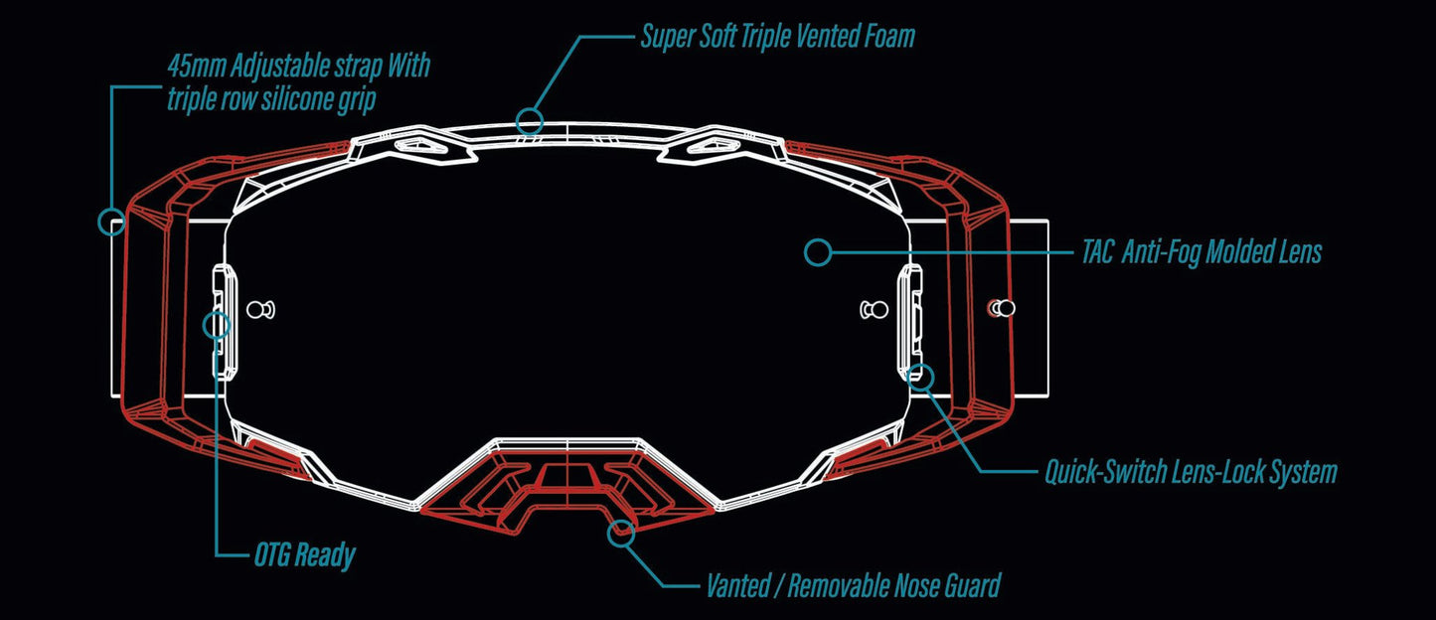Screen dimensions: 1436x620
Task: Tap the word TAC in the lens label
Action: (x=1097, y=252)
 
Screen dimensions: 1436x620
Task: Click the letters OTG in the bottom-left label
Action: (x=272, y=554)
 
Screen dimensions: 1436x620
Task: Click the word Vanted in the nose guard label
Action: (x=738, y=586)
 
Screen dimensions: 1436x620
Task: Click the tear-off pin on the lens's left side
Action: (x=261, y=310)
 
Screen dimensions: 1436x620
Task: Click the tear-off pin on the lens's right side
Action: (x=874, y=310)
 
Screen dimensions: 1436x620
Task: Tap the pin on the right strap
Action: (x=1003, y=308)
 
